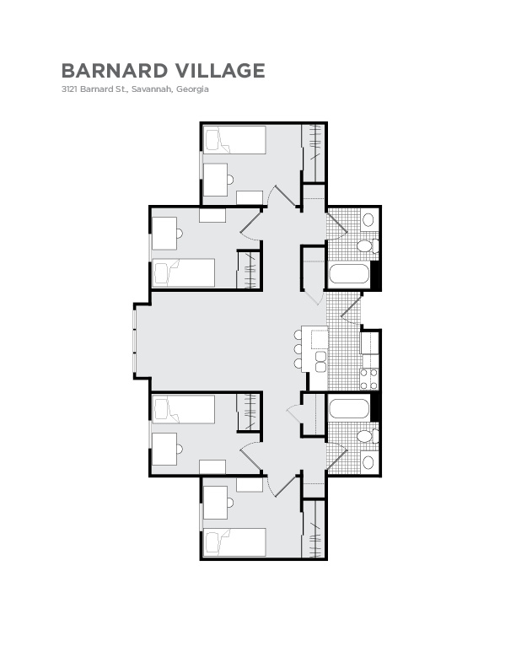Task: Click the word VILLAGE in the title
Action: [x=218, y=70]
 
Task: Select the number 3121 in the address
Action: [x=69, y=89]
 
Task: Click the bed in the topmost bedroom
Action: [x=235, y=140]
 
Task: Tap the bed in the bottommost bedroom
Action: [x=235, y=541]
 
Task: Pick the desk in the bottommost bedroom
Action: [x=216, y=503]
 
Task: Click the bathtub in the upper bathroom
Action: [x=348, y=273]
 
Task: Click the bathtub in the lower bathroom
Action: [x=348, y=409]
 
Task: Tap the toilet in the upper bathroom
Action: [x=365, y=246]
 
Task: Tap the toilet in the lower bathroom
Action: [x=365, y=437]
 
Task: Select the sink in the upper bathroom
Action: [x=368, y=220]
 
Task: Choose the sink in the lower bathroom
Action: [x=368, y=462]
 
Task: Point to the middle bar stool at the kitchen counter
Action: [x=298, y=349]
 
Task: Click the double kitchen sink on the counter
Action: [x=320, y=361]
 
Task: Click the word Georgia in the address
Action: [x=192, y=89]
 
